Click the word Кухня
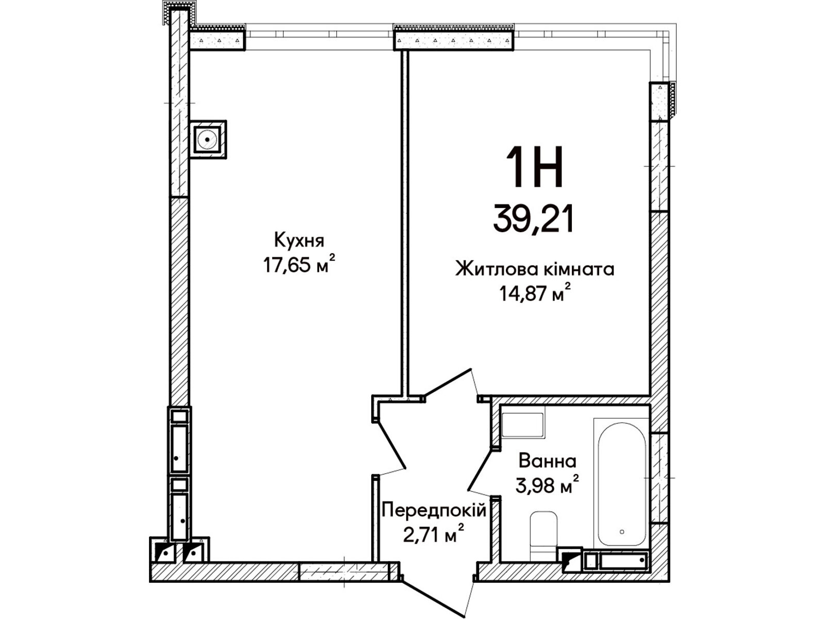(299, 241)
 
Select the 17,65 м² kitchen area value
(299, 265)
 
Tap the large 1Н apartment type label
(534, 167)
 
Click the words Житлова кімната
(535, 270)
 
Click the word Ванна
(548, 461)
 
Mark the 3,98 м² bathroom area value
(547, 485)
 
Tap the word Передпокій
(434, 511)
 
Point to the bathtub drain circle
(622, 532)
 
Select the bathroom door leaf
(480, 469)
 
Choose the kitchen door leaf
(390, 445)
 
